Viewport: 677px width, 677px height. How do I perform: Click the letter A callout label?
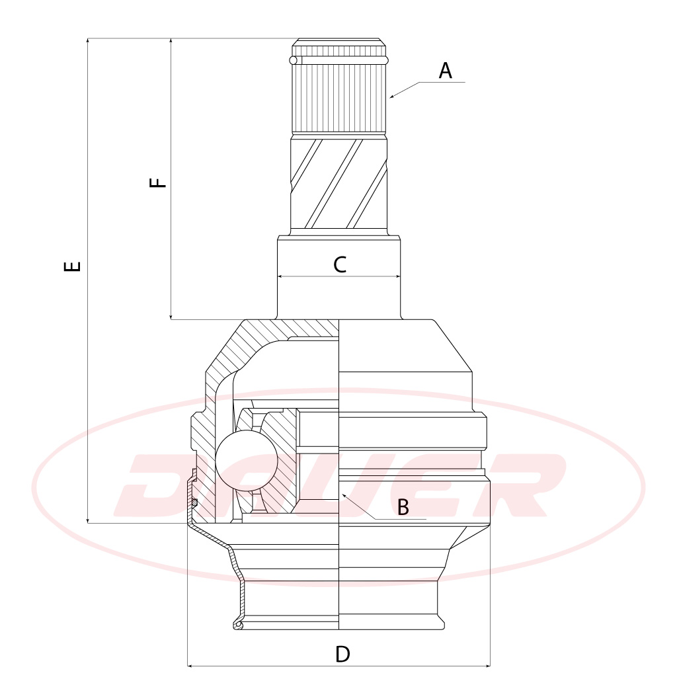pos(445,71)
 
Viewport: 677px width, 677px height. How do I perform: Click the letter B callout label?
pos(403,507)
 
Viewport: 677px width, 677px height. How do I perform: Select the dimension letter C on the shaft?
pos(340,264)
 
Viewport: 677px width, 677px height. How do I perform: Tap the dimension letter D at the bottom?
pos(342,655)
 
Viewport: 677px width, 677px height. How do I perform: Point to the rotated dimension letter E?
pos(72,266)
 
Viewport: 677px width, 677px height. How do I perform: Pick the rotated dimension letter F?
pos(157,182)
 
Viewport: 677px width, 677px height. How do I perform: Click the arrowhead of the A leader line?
pos(392,97)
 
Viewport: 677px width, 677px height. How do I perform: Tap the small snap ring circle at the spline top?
pos(294,60)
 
